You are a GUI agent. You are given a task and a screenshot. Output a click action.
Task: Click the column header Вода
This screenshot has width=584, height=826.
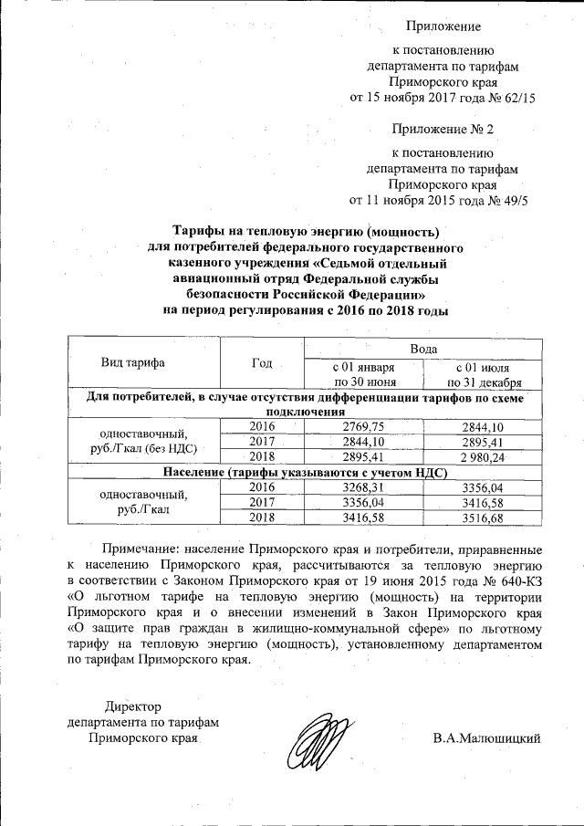click(x=423, y=350)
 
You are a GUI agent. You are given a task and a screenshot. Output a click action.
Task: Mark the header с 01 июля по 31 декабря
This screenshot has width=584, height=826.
click(x=484, y=374)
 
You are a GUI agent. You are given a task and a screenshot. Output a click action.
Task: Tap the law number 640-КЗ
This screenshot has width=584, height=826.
click(x=518, y=580)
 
